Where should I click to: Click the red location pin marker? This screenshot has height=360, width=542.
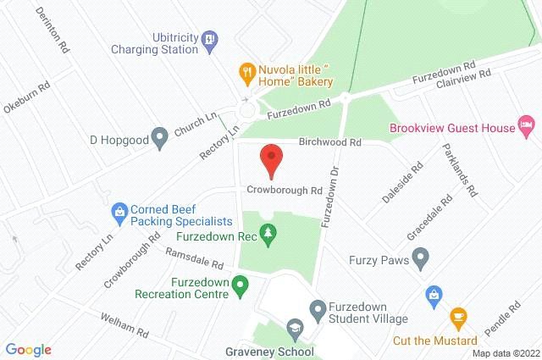[x=270, y=160]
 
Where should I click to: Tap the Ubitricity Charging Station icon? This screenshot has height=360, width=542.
[x=211, y=37]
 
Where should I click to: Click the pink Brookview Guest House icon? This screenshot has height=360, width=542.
[x=527, y=128]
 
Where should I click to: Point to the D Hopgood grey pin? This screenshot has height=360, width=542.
[x=158, y=136]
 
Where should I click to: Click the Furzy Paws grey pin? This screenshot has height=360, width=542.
[x=419, y=257]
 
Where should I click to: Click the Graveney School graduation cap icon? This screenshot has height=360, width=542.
[x=295, y=329]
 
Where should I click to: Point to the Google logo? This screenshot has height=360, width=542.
[x=28, y=349]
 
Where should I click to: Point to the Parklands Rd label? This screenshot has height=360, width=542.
[x=460, y=169]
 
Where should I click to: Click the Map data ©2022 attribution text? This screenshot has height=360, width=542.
[x=505, y=353]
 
